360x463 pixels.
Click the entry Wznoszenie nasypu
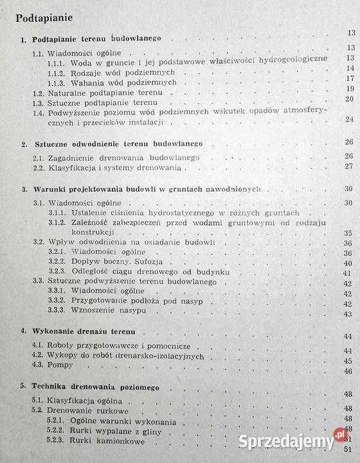109,311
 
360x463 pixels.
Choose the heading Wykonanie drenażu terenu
83,331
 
